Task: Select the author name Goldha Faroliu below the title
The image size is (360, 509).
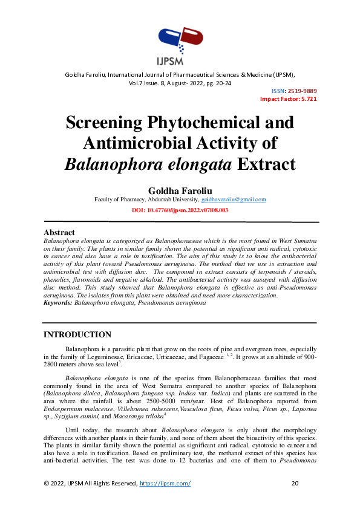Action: (180, 189)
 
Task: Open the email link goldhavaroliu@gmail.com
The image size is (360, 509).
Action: (234, 199)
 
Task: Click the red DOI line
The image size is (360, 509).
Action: (180, 210)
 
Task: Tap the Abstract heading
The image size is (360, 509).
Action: (59, 233)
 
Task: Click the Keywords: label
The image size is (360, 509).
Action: (58, 302)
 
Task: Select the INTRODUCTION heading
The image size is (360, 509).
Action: (77, 335)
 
